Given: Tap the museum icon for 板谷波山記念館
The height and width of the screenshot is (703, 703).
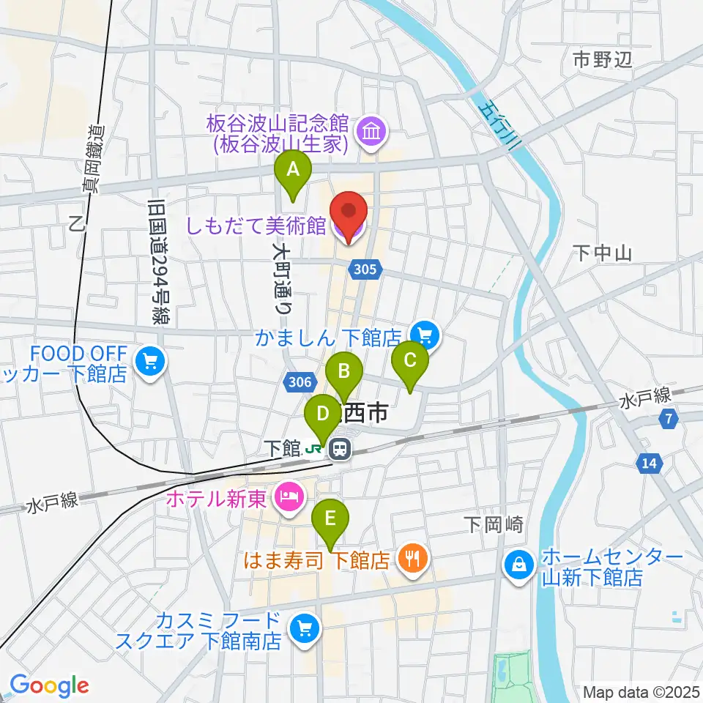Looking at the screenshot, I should [371, 133].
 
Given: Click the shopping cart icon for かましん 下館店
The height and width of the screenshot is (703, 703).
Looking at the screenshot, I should [427, 336].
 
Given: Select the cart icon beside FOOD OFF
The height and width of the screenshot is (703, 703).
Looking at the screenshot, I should [150, 361].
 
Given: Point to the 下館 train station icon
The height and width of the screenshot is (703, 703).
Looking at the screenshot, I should [340, 447].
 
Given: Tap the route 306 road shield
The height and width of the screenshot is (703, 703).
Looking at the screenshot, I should [301, 382].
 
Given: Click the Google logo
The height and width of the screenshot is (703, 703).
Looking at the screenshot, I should [49, 685].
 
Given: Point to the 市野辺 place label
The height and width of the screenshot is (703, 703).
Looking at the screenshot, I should [602, 60].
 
